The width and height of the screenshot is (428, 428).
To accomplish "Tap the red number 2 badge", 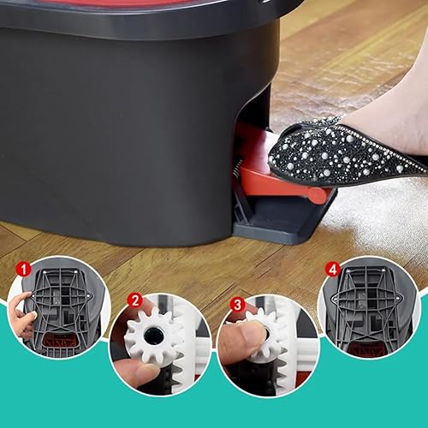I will click(x=134, y=300).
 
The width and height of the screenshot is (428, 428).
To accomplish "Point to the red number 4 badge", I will click(x=332, y=268).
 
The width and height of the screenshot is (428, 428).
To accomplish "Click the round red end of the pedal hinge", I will click(x=318, y=196).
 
